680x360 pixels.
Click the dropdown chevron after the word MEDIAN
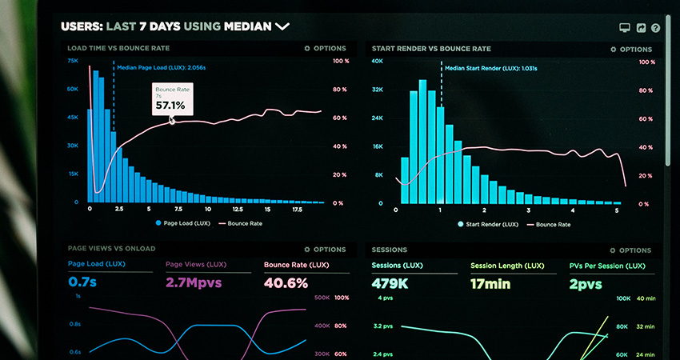coord(282,26)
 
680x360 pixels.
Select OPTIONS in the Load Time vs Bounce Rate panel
coord(325,49)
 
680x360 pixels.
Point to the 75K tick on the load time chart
coord(73,61)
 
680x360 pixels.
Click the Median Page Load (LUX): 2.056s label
coord(161,68)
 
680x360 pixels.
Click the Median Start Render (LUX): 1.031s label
coord(490,69)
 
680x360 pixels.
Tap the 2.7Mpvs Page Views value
coord(193,282)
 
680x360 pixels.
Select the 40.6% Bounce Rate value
coord(286,282)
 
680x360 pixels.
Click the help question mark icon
coord(656,28)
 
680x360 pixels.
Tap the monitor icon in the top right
coord(625,28)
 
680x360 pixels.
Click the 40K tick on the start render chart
coord(378,62)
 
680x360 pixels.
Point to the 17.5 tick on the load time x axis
coord(297,209)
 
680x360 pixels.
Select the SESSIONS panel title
coord(390,250)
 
